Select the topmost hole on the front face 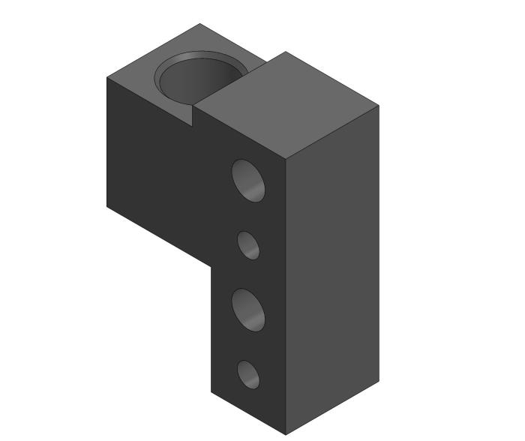pyautogui.click(x=249, y=181)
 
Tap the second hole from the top pyautogui.click(x=249, y=245)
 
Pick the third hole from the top pyautogui.click(x=249, y=310)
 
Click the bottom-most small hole pyautogui.click(x=248, y=374)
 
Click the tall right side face pyautogui.click(x=332, y=270)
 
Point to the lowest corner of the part pyautogui.click(x=286, y=434)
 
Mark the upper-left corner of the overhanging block pyautogui.click(x=107, y=77)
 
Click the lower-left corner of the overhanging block pyautogui.click(x=107, y=205)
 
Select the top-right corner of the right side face pyautogui.click(x=378, y=106)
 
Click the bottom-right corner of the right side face pyautogui.click(x=378, y=382)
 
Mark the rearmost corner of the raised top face pyautogui.click(x=286, y=52)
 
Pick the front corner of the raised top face pyautogui.click(x=286, y=160)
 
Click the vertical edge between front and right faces pyautogui.click(x=286, y=300)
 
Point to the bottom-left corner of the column pyautogui.click(x=211, y=391)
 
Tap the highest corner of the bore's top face pyautogui.click(x=199, y=24)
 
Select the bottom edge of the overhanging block pyautogui.click(x=159, y=235)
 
